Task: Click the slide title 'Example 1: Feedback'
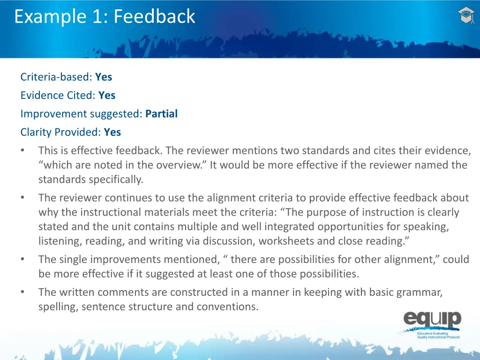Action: pos(105,17)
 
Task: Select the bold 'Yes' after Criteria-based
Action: pos(104,77)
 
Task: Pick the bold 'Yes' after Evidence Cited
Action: pos(107,95)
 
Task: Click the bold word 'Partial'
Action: pos(161,114)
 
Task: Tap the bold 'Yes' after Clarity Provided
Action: pos(112,132)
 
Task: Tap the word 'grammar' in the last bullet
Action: pos(419,292)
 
